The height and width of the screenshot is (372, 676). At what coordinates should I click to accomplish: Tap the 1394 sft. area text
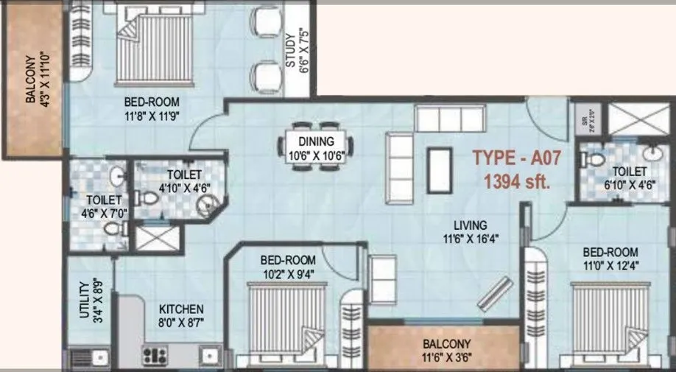click(515, 181)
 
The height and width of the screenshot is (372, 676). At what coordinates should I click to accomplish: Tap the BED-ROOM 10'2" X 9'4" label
click(288, 267)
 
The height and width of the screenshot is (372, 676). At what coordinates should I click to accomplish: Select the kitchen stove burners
click(155, 355)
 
